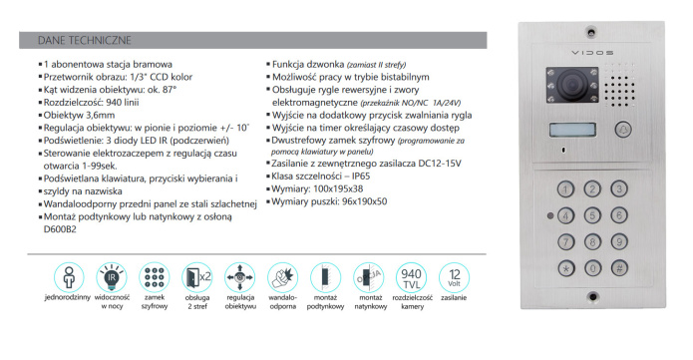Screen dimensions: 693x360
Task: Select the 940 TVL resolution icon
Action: [x=410, y=277]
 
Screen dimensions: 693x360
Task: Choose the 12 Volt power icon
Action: [x=454, y=277]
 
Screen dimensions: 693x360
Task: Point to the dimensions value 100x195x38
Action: [x=336, y=187]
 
